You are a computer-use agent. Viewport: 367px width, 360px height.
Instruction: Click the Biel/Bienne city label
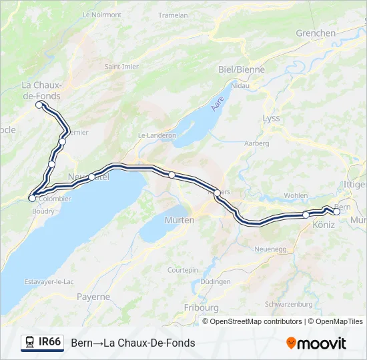pos(242,69)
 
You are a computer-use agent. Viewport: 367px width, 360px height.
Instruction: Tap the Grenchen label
pos(316,33)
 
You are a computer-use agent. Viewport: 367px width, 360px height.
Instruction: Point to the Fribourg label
pos(201,307)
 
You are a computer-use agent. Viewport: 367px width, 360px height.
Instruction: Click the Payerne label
pos(93,296)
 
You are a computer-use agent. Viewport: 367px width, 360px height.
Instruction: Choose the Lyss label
pos(272,118)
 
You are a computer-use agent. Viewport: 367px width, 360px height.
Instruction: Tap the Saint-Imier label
pos(121,67)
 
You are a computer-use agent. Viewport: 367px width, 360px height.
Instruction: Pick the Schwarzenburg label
pos(289,304)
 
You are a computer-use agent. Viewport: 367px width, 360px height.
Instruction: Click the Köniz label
pos(323,226)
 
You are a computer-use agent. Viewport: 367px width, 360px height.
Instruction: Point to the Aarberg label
pos(256,143)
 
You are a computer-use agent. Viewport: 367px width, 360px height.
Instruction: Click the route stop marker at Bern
pos(336,212)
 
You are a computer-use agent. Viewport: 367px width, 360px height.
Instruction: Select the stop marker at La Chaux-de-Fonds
pos(39,105)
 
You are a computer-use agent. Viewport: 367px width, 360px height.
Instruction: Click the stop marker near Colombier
pos(32,198)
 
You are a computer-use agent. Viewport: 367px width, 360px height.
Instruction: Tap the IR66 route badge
pos(43,343)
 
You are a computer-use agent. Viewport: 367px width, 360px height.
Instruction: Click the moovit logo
pos(316,343)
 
